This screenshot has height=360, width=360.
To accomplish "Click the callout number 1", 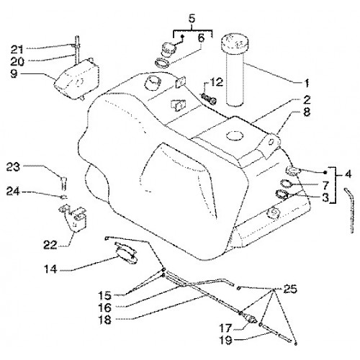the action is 306,84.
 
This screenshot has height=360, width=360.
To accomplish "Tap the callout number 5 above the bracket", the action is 192,19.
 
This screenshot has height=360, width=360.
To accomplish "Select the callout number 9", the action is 14,73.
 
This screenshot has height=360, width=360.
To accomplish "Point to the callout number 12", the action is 217,82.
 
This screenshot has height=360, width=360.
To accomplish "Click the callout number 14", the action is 50,269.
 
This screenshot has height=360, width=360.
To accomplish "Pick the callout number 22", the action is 50,245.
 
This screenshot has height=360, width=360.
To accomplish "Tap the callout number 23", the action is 13,167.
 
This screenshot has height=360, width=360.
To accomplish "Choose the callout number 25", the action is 290,289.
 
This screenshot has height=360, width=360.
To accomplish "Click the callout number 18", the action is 105,320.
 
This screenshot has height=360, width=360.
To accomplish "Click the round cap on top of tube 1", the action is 234,44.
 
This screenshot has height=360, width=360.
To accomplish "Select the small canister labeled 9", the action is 77,78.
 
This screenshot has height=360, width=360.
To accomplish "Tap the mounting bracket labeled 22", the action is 73,217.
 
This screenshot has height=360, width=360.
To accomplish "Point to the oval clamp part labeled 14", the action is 126,253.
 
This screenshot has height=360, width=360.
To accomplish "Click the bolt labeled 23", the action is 63,182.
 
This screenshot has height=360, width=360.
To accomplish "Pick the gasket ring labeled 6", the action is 162,63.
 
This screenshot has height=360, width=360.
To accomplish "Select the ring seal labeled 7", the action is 286,184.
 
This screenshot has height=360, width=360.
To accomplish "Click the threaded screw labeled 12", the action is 208,99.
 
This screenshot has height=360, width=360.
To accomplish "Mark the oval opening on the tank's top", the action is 235,135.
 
